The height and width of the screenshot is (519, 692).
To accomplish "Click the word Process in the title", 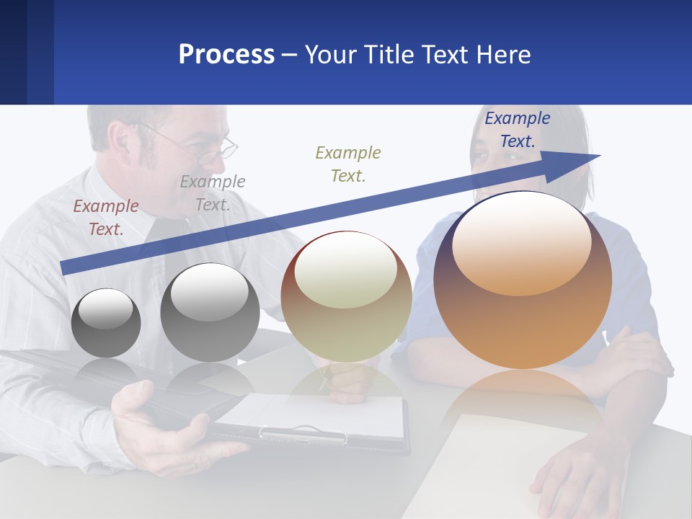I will coord(226,55).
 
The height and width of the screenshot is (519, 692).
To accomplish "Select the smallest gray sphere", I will coord(106,323).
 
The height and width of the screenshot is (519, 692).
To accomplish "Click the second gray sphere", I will coord(210,313).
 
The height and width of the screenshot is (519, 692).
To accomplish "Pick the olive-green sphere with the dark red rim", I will coord(346,296).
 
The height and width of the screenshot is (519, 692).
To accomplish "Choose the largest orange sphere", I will coord(523,280).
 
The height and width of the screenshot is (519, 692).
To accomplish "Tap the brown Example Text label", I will coord(105,218).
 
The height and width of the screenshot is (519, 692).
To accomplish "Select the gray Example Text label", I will coord(213,193).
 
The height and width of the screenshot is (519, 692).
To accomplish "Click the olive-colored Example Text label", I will coord(348,164).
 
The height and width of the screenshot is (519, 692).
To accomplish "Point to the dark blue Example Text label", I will coord(517,130).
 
